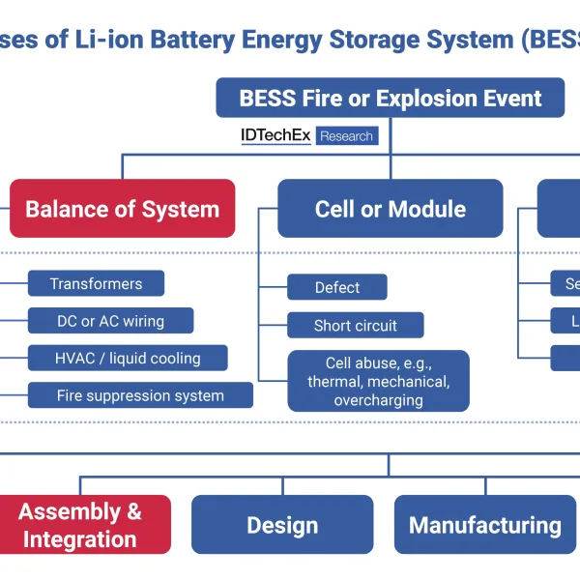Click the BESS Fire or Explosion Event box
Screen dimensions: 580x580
click(x=390, y=98)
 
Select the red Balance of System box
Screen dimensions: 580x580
click(x=122, y=209)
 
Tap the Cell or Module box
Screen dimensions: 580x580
click(x=390, y=209)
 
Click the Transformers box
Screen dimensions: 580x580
click(x=96, y=283)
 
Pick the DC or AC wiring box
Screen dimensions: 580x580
click(x=110, y=321)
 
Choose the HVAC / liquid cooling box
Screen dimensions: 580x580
click(x=128, y=358)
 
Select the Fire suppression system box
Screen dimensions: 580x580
click(x=140, y=395)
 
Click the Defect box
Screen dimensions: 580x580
click(x=337, y=287)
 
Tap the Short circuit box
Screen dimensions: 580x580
click(x=355, y=326)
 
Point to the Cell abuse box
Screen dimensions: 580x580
click(x=378, y=381)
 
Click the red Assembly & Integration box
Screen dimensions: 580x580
click(x=80, y=525)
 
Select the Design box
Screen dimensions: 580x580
click(x=282, y=525)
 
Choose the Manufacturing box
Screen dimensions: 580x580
click(x=484, y=525)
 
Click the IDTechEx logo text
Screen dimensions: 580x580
click(x=275, y=136)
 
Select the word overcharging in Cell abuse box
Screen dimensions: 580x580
click(x=378, y=400)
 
